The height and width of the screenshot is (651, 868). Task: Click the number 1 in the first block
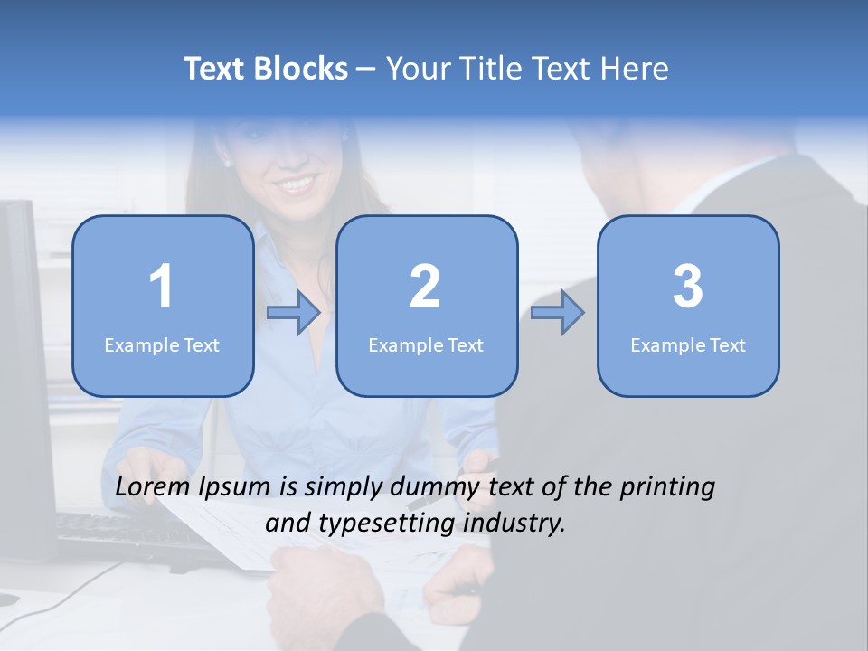tap(162, 287)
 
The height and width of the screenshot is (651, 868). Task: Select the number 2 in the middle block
tap(425, 287)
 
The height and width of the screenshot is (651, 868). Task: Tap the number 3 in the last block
tap(688, 287)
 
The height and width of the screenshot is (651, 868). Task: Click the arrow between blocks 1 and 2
tap(294, 313)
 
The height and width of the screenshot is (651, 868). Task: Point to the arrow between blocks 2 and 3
tap(558, 313)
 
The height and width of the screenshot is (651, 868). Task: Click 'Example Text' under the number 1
tap(162, 345)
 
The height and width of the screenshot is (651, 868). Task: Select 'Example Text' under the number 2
tap(426, 345)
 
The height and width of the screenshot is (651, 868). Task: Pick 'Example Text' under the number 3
tap(688, 345)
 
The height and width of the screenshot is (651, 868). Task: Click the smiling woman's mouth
tap(296, 184)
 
